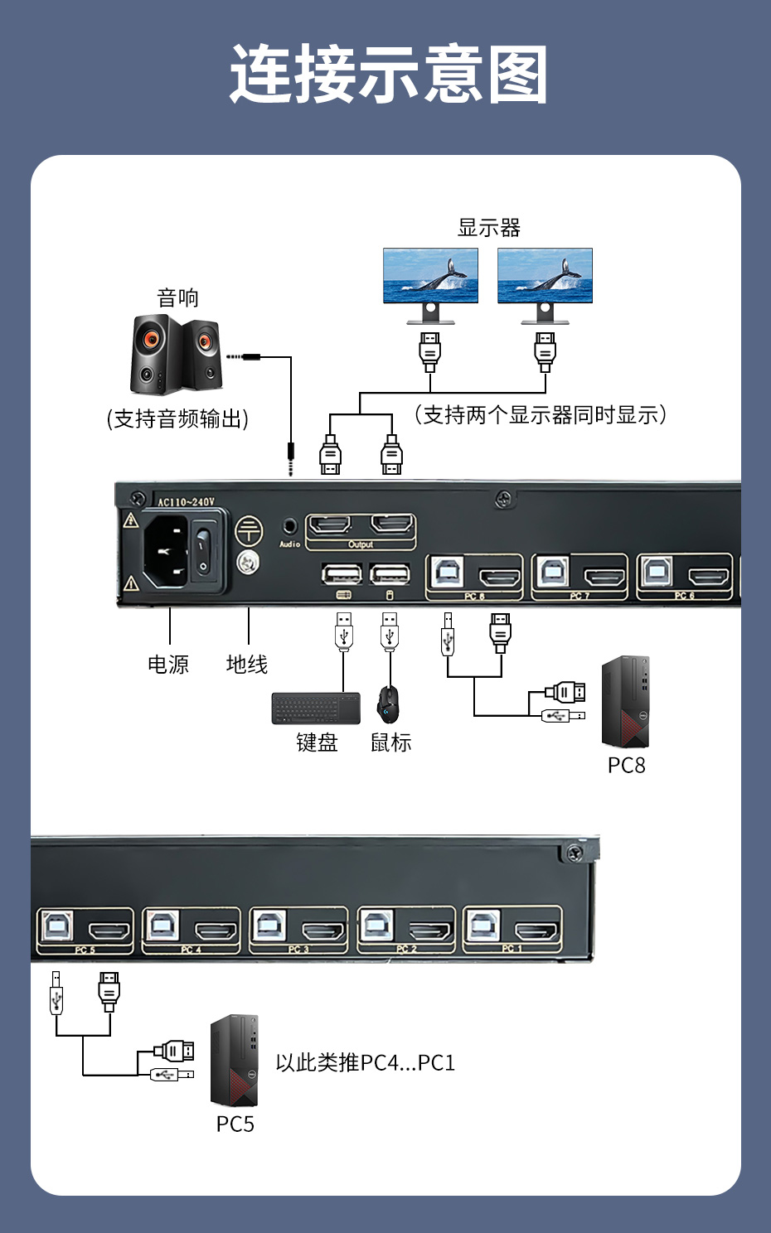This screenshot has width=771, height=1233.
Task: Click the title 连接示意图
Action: pos(388,75)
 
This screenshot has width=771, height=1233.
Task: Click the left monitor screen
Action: pos(430,275)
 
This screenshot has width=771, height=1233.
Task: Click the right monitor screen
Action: pos(545,275)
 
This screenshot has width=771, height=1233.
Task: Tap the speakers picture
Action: pos(176,354)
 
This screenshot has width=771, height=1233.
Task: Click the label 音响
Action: pos(177,297)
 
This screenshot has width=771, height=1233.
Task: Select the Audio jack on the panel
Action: pos(289,525)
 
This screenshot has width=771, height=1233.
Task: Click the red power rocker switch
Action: pos(203,551)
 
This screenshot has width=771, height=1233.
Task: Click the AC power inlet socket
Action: pos(167,551)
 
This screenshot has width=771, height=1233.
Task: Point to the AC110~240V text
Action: pos(186,501)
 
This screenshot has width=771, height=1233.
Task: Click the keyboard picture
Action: pos(316,708)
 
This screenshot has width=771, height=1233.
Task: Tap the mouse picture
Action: pos(388,704)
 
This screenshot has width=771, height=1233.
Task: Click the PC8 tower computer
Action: pos(626,702)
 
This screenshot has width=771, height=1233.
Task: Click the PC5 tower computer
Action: pos(235,1061)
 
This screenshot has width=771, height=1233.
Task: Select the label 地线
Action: pos(247,665)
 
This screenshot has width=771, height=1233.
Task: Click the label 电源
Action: pos(168,665)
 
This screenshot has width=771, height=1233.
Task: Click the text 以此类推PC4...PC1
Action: pos(366,1062)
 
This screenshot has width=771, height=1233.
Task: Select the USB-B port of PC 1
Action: pos(481,925)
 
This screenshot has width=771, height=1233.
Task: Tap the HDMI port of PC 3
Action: pos(323,931)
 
